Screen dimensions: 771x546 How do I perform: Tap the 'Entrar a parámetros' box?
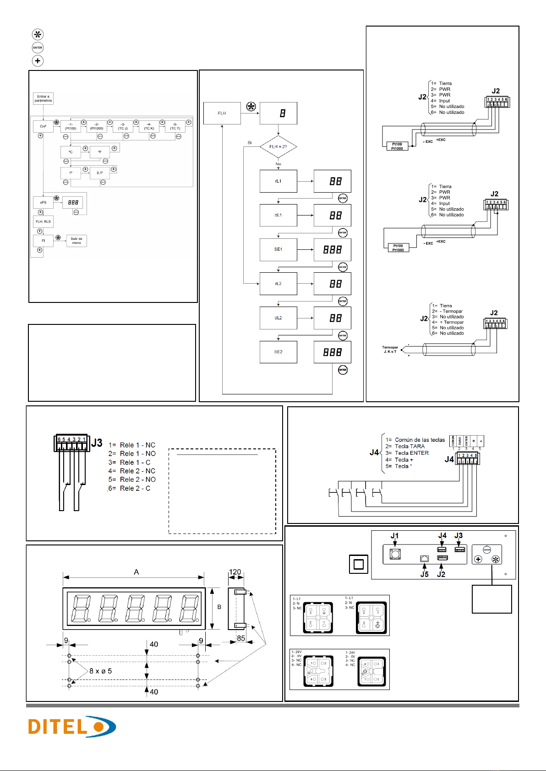[43, 98]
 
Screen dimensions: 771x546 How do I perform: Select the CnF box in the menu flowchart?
[43, 126]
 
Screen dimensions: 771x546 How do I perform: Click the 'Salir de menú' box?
[76, 241]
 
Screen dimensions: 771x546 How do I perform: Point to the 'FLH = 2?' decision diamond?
[278, 147]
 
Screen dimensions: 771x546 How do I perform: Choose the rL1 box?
[278, 181]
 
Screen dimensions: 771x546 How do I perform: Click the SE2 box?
[278, 352]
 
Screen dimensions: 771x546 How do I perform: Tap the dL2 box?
[278, 318]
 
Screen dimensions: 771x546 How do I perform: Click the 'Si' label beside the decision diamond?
[250, 143]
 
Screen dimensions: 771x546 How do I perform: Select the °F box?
[99, 152]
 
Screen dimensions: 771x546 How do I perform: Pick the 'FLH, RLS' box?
[43, 221]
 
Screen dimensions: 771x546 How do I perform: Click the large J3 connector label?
[97, 443]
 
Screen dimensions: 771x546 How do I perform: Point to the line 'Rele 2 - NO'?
[137, 480]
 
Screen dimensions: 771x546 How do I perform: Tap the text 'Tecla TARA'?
[409, 446]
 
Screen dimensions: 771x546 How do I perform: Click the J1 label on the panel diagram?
[394, 536]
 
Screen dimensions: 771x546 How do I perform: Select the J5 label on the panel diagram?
[425, 574]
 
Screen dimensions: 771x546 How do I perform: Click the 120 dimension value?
[235, 572]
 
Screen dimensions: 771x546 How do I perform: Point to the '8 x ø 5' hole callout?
[101, 671]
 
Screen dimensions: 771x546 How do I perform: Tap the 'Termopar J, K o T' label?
[390, 350]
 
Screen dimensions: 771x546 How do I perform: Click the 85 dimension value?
[241, 638]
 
